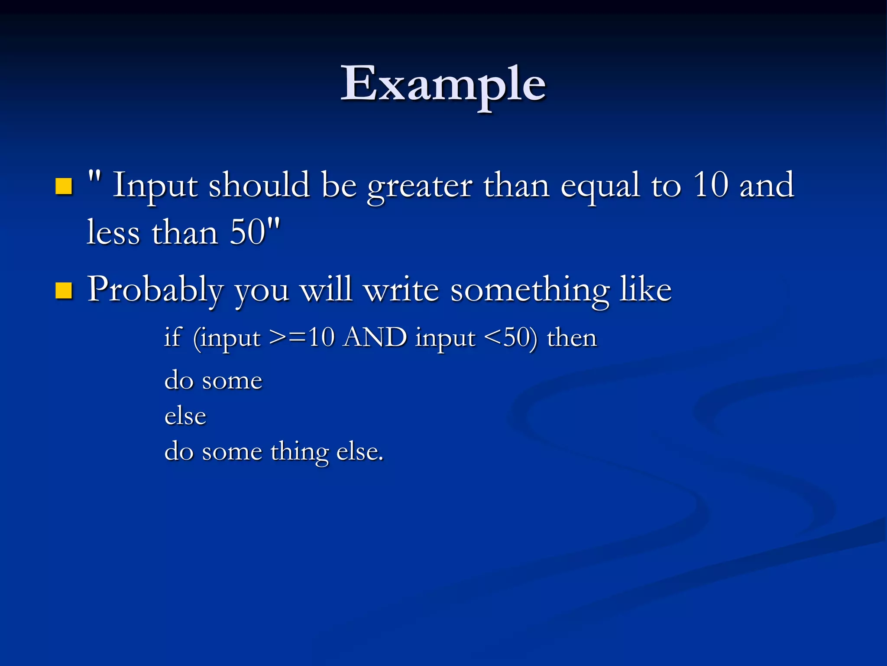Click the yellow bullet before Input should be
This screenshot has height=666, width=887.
pos(64,186)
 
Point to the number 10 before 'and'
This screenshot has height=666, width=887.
pos(710,185)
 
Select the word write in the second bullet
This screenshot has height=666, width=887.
pos(401,290)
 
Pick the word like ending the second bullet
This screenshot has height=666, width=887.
pos(646,289)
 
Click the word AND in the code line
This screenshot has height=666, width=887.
pos(375,337)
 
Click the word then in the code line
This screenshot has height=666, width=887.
pos(572,337)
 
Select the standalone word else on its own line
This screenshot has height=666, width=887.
pos(185,416)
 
